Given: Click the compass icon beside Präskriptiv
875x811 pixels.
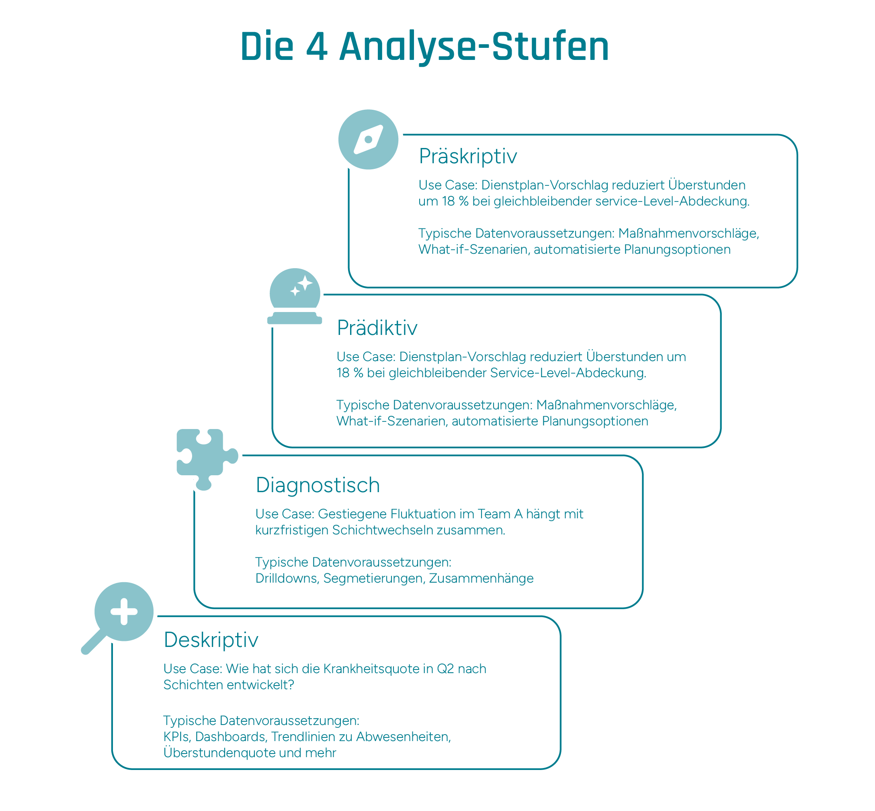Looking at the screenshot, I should [368, 140].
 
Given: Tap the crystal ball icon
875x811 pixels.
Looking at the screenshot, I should [295, 297].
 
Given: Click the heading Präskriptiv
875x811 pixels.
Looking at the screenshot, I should [467, 156].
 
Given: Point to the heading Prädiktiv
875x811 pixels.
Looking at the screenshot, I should [377, 328].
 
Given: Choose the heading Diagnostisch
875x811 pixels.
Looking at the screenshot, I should [318, 485].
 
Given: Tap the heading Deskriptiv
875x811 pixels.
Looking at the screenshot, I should [211, 640].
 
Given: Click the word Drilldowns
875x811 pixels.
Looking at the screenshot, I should [287, 579].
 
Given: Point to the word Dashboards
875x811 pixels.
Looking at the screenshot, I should [230, 736].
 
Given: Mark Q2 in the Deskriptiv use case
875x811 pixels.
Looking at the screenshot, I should [445, 668].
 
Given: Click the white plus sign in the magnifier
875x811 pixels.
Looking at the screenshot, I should [124, 611].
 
